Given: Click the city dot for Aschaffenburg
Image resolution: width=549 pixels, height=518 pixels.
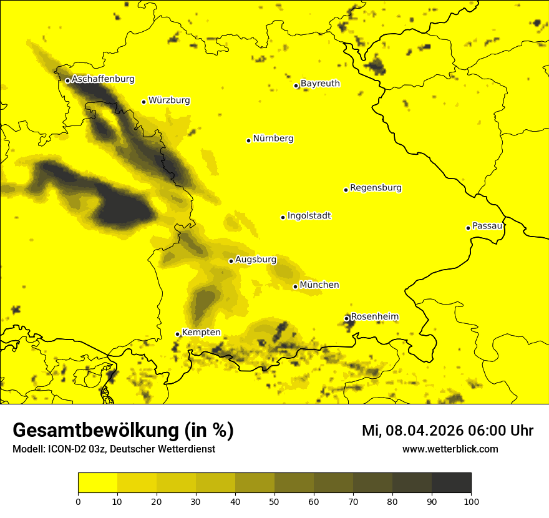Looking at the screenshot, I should [x=67, y=81].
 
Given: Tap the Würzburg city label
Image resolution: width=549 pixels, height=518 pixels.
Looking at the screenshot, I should [x=169, y=100].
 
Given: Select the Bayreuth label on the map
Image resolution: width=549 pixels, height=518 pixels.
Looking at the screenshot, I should [x=320, y=84].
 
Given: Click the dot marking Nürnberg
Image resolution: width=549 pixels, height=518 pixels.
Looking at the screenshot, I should [x=248, y=140].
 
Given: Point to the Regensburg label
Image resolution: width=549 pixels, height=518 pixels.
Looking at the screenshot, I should [x=376, y=188].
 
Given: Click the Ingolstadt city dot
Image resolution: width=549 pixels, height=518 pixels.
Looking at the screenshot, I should [x=283, y=217].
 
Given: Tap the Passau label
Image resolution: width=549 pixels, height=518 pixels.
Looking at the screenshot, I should [x=487, y=226].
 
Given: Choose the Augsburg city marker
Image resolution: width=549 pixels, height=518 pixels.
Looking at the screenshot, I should [x=231, y=261].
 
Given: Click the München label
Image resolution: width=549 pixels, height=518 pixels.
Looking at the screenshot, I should [x=319, y=285].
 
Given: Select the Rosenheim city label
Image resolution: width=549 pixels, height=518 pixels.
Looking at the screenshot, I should [x=374, y=317].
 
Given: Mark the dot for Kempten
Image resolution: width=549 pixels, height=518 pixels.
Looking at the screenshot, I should [x=177, y=334].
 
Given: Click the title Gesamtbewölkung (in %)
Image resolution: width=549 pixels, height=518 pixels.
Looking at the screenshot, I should [x=123, y=431].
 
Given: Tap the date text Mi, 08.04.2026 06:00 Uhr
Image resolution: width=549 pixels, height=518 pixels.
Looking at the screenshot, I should [x=447, y=431].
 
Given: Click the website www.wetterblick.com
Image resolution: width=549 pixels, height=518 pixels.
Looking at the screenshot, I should [x=450, y=449].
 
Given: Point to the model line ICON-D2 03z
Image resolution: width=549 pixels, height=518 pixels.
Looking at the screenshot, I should [x=114, y=449].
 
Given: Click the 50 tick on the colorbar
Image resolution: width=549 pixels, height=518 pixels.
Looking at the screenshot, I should [x=274, y=501].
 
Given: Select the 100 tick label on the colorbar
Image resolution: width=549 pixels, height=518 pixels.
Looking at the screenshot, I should [x=471, y=501].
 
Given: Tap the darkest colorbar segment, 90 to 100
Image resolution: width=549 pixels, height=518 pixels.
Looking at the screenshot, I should [x=451, y=483].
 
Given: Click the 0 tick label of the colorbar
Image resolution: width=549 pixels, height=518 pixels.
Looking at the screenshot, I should [x=78, y=501].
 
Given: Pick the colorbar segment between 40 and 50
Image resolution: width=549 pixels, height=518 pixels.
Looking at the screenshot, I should [x=255, y=483].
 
